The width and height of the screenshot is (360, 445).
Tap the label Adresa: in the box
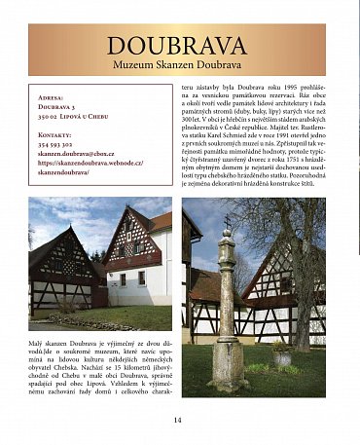pos(51,98)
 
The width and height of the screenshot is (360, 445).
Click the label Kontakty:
pos(57,134)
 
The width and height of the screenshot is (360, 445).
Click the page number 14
pos(178,420)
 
